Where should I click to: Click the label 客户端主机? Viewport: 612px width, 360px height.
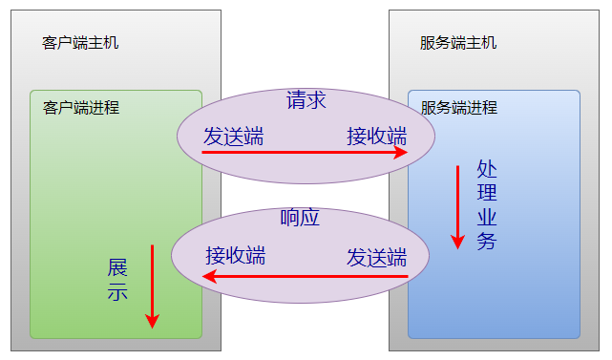coord(81,43)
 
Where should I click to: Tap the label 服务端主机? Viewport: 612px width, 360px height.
coord(458,43)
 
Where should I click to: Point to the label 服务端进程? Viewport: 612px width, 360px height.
coord(459,108)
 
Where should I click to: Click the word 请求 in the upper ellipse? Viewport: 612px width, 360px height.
coord(306,99)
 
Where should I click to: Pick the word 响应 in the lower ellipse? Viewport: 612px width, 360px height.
coord(300,218)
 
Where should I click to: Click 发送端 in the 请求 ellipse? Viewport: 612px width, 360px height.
coord(233,137)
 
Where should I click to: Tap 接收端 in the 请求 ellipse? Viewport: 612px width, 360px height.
coord(376,137)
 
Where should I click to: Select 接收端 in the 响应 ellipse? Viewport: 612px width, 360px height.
coord(236,256)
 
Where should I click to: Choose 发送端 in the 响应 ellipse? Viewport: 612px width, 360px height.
coord(376,256)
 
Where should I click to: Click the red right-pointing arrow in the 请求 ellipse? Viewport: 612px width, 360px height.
coord(306,152)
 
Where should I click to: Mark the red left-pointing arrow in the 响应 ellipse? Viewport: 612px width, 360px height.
coord(306,278)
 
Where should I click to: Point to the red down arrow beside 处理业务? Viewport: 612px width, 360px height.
coord(457,205)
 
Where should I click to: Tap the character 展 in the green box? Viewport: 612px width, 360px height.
coord(117,266)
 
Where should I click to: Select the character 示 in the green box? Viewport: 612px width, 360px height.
coord(117,292)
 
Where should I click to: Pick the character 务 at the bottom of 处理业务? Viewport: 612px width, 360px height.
coord(487,242)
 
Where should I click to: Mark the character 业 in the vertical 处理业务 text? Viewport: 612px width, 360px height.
coord(487,218)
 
